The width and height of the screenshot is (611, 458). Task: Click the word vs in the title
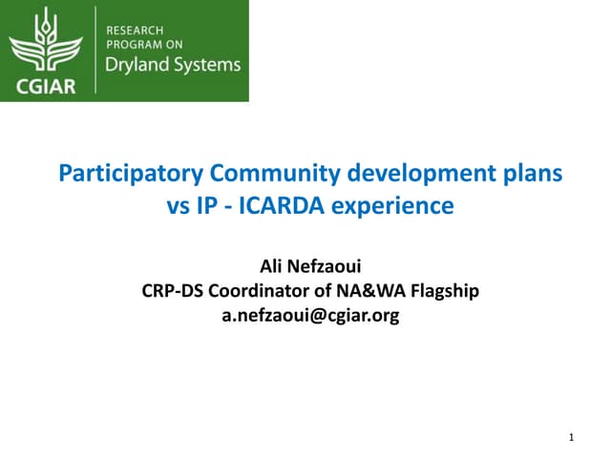tap(179, 205)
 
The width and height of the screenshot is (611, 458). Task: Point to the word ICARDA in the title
tap(297, 205)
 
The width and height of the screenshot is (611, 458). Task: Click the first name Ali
tap(272, 266)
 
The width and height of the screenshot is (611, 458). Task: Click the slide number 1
tap(570, 438)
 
